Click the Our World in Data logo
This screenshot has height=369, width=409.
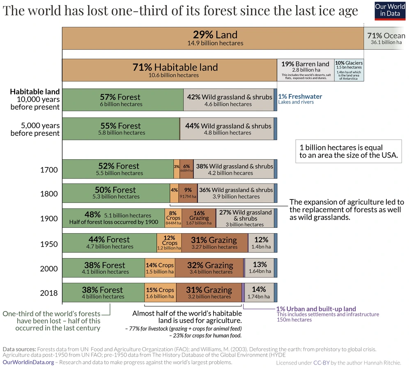[390, 10]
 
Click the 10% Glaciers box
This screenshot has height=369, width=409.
[349, 70]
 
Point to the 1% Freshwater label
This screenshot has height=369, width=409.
[300, 97]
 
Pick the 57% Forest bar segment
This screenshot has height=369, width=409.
[122, 100]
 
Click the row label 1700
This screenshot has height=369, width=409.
[49, 170]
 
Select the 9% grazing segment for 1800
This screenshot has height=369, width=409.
[188, 193]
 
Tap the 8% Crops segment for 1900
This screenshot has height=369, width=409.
[173, 218]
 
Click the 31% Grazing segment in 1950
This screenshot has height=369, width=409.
[214, 243]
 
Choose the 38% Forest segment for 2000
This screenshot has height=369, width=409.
[103, 268]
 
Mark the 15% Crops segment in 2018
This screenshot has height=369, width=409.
[160, 293]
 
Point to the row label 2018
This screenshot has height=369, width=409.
[49, 293]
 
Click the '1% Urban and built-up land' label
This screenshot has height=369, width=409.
[316, 309]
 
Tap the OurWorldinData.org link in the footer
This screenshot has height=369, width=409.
[28, 362]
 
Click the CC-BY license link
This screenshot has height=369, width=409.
[320, 363]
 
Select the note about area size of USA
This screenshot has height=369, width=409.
[349, 151]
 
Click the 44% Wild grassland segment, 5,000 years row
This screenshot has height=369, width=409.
[227, 129]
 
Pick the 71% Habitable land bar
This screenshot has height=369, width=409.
[169, 70]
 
